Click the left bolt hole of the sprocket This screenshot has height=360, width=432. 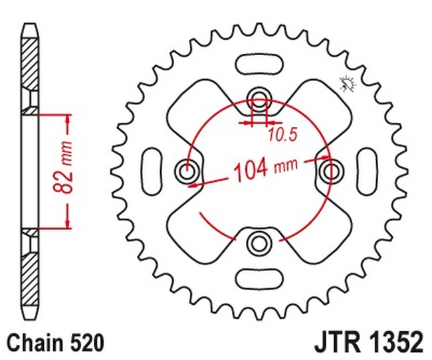tap(187, 172)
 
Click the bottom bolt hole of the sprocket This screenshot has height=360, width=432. tap(257, 244)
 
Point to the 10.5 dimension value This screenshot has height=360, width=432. tap(282, 135)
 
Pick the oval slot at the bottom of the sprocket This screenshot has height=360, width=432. tap(257, 278)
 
